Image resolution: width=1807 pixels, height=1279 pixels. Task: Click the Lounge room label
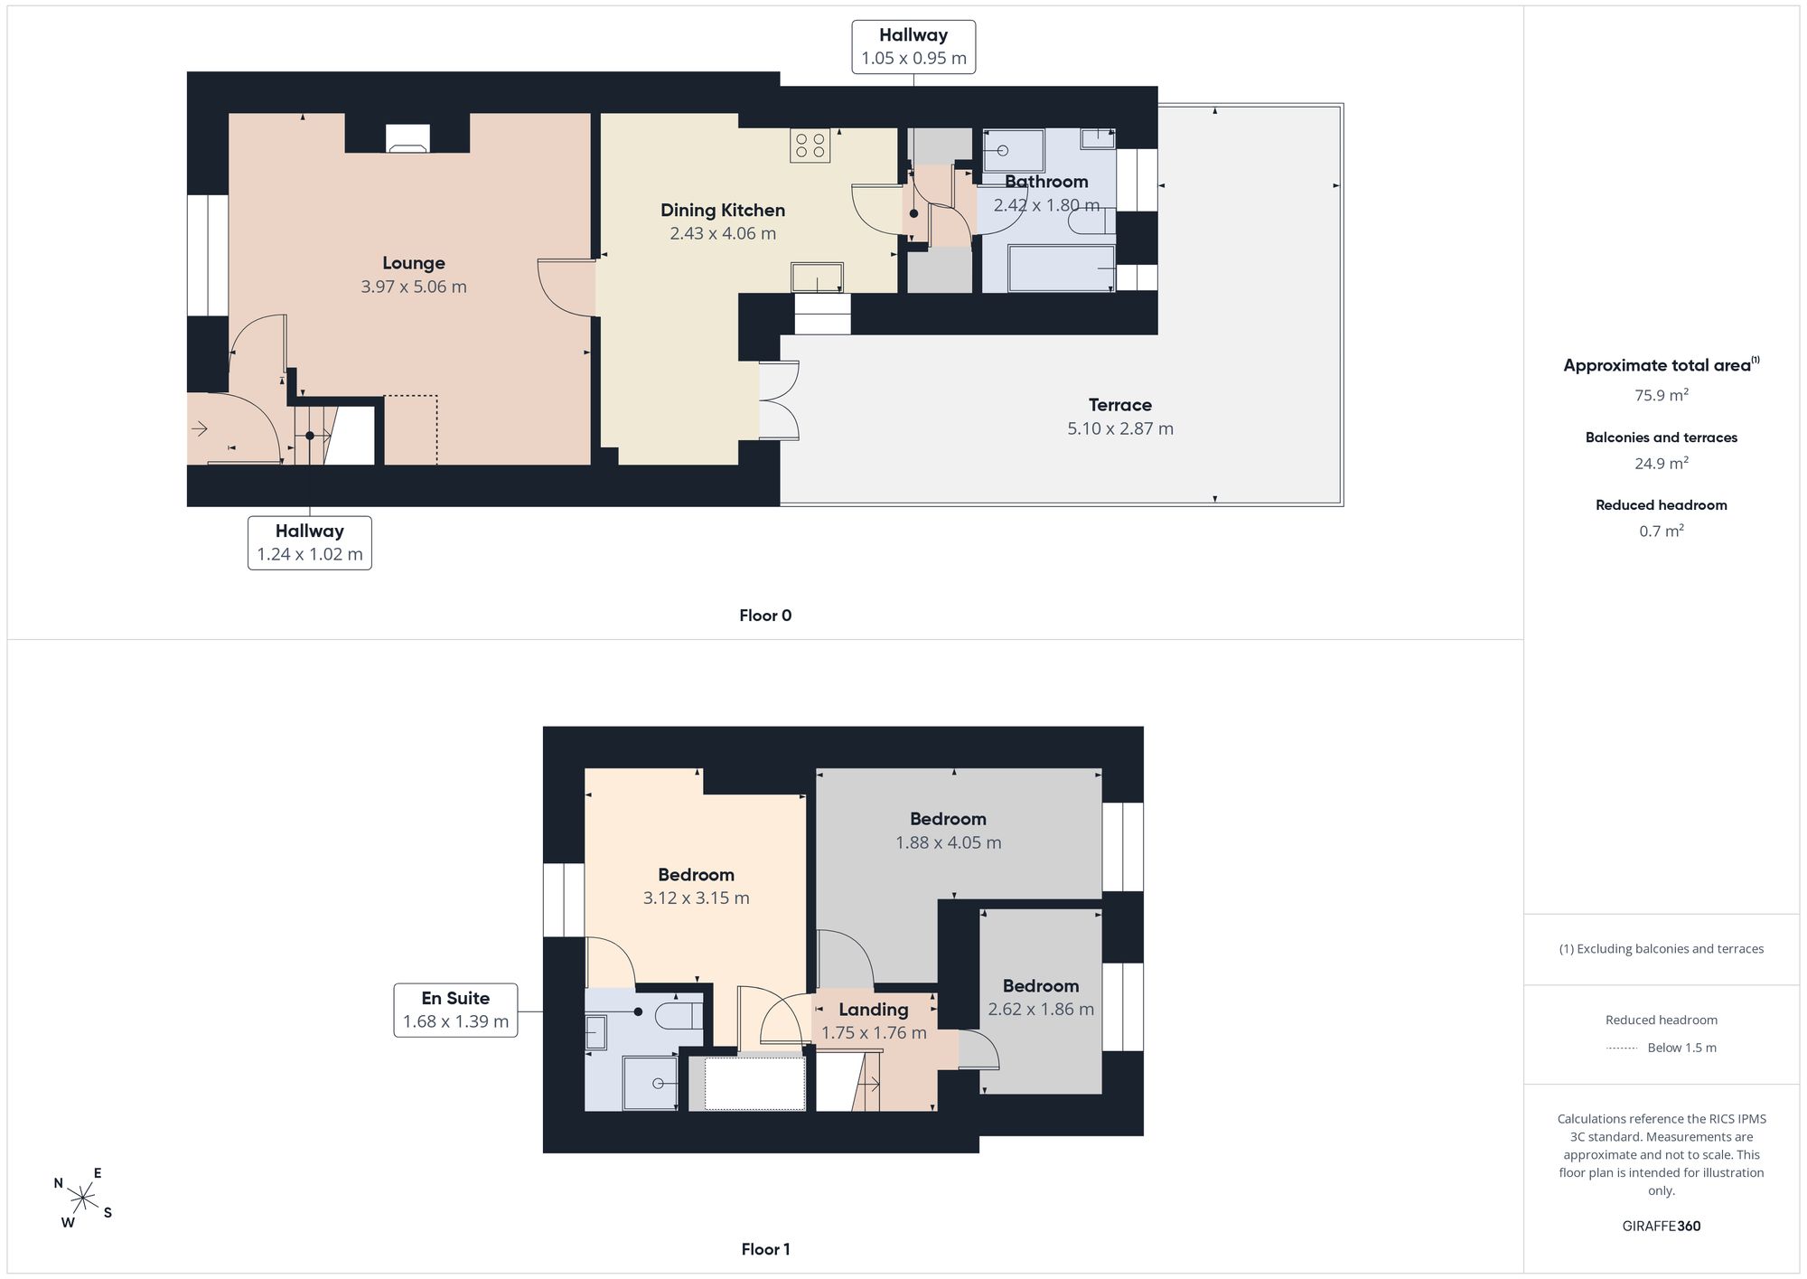pos(414,263)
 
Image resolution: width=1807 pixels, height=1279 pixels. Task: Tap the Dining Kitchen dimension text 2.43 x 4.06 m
pos(723,233)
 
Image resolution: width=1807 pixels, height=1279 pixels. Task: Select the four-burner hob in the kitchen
pos(810,146)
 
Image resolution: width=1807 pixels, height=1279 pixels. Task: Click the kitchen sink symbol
pos(818,277)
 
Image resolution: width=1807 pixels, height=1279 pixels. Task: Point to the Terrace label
pos(1120,405)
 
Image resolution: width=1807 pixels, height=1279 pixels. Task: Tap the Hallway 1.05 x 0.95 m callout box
pos(913,47)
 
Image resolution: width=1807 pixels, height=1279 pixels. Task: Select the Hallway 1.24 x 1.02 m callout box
pos(310,542)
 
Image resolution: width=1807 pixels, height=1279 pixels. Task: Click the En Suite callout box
pos(455,1010)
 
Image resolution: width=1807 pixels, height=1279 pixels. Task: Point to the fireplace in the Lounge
pos(407,137)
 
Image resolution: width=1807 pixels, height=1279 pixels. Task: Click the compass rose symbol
pos(83,1199)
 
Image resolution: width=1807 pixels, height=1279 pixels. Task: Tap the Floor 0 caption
pos(765,616)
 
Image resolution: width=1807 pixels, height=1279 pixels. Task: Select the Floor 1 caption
pos(765,1249)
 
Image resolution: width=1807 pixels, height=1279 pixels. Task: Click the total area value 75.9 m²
pos(1662,395)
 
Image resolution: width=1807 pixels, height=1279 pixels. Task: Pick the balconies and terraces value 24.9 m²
pos(1662,463)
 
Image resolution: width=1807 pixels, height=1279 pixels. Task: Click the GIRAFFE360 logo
pos(1662,1226)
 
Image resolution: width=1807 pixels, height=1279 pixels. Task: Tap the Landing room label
pos(874,1010)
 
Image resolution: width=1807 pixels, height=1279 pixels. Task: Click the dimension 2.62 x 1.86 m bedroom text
pos(1041,1009)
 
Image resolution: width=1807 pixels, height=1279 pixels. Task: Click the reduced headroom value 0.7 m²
pos(1662,531)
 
